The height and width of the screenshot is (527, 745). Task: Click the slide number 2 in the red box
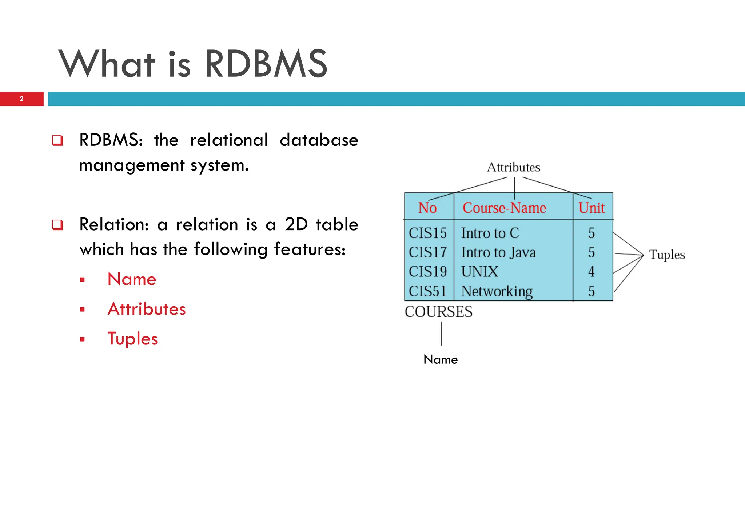click(x=22, y=99)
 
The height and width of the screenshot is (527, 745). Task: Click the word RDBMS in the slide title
click(x=266, y=64)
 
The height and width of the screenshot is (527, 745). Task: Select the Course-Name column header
click(x=504, y=208)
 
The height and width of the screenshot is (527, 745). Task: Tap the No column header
click(x=427, y=208)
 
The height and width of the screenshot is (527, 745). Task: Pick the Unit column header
click(x=591, y=208)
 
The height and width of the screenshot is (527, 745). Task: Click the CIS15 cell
click(x=428, y=233)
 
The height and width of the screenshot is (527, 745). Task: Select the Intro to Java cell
click(x=498, y=252)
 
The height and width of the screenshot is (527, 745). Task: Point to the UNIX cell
click(x=480, y=272)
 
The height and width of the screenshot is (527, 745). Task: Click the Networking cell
click(x=497, y=291)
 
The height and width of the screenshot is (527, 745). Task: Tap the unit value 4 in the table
click(x=591, y=272)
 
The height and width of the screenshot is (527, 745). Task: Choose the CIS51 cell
click(x=428, y=291)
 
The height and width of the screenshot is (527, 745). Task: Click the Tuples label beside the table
click(x=667, y=255)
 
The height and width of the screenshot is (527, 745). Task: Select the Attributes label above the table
click(x=514, y=167)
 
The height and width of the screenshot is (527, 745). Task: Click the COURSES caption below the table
click(x=439, y=312)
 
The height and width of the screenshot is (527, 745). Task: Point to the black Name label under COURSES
click(x=441, y=359)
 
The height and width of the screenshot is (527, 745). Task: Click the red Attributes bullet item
click(x=147, y=309)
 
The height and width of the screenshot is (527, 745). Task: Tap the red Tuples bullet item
click(x=133, y=339)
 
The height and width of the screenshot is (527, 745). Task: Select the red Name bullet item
click(x=132, y=279)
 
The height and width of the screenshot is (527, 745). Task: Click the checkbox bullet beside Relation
click(x=57, y=225)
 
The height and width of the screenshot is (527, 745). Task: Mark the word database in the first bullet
click(x=319, y=140)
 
